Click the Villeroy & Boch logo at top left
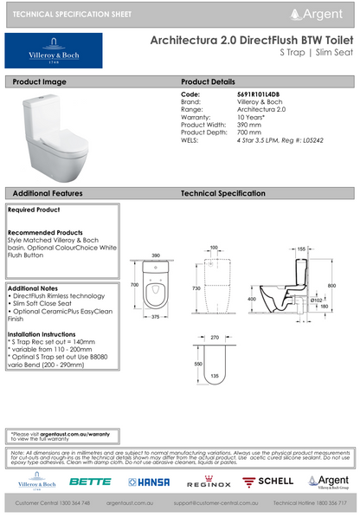[x=54, y=51]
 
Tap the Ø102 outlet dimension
[x=318, y=299]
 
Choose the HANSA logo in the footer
[x=148, y=481]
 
